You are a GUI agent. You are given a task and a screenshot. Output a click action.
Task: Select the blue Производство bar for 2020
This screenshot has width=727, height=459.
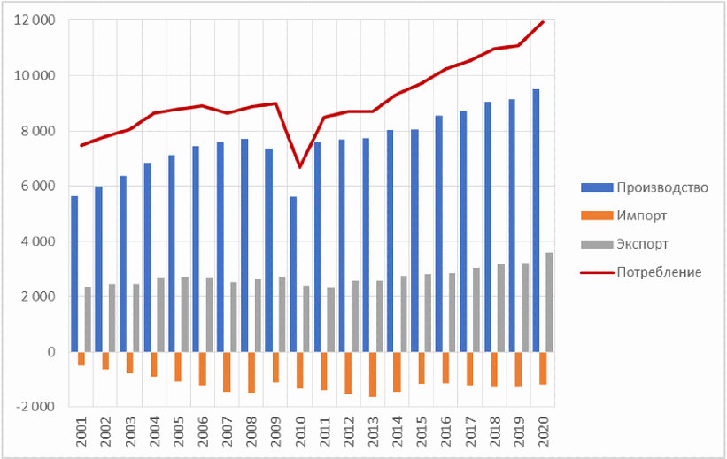tap(536, 220)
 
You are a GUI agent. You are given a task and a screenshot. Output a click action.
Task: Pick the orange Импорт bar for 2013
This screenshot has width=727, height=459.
tap(372, 374)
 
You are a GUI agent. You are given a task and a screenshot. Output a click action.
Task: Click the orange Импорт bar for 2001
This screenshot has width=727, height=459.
tap(81, 358)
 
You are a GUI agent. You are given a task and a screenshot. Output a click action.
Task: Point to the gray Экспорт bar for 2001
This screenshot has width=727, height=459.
tap(88, 319)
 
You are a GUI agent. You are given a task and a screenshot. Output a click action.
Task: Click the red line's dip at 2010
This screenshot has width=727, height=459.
tap(300, 166)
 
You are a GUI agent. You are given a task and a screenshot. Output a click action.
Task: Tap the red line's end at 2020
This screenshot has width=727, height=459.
tap(542, 21)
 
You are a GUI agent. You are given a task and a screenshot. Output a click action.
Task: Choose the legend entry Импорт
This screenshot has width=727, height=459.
tap(641, 215)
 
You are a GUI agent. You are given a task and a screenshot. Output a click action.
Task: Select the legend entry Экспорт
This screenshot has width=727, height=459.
tap(642, 243)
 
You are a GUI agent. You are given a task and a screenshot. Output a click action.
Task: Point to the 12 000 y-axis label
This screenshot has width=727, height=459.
tap(35, 20)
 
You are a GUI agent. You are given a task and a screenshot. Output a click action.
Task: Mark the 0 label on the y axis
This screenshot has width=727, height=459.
tap(50, 352)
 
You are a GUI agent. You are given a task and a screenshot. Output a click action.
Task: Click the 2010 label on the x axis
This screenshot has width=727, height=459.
tap(300, 432)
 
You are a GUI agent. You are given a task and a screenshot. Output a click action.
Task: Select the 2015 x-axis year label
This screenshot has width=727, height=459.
tap(422, 432)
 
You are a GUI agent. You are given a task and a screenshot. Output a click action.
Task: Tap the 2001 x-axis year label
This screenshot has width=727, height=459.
tap(81, 432)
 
